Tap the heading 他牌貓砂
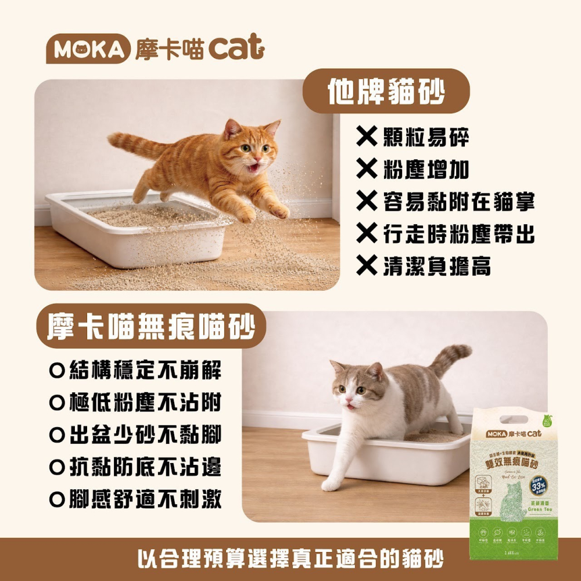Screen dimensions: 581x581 [x=386, y=92]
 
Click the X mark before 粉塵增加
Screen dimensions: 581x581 [x=367, y=170]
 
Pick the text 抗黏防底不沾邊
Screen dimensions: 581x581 [x=145, y=467]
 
